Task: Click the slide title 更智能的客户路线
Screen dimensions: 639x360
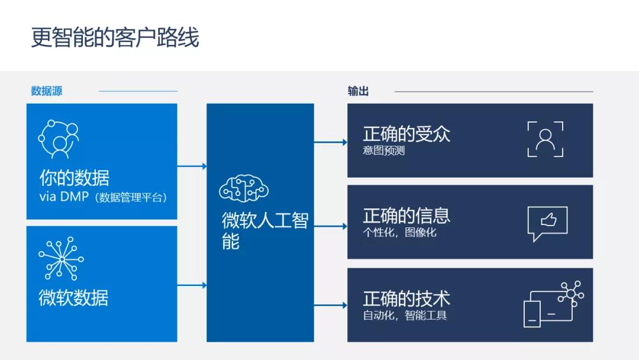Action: click(x=115, y=37)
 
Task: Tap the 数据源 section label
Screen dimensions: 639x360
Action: click(x=47, y=91)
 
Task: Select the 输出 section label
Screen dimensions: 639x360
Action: click(x=358, y=91)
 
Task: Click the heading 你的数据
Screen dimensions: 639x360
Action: click(x=75, y=178)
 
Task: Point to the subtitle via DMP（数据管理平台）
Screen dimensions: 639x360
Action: click(x=103, y=197)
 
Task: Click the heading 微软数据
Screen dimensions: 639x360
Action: click(x=74, y=298)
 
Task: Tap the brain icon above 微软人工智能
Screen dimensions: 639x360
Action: click(x=244, y=188)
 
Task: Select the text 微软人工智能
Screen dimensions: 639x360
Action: click(x=265, y=230)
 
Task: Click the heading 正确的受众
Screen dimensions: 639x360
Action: click(x=406, y=134)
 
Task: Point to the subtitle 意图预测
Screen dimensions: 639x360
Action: click(x=384, y=150)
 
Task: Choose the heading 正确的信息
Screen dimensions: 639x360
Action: click(x=406, y=216)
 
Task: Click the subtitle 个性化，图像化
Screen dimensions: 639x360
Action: click(x=400, y=232)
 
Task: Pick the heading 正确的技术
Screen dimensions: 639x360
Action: click(x=406, y=298)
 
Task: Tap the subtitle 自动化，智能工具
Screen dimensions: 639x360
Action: click(x=405, y=315)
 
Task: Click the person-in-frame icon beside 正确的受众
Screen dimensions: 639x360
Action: click(x=546, y=139)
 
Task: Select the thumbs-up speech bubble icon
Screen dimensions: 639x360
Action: click(x=547, y=223)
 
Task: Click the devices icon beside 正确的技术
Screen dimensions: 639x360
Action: click(x=553, y=304)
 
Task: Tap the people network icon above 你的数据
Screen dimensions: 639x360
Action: click(x=59, y=139)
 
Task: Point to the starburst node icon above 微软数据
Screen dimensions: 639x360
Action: click(x=61, y=259)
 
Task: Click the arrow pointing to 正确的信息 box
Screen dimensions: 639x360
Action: click(x=331, y=226)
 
